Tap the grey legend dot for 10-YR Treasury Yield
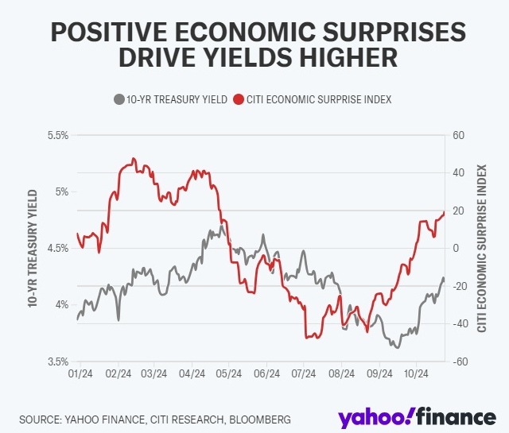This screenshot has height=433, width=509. coord(119,99)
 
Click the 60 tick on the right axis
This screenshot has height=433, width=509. coord(458,136)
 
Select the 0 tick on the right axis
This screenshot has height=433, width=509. coord(456,249)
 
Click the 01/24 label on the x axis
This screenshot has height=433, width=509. coord(81,373)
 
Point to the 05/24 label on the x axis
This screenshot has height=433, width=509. coord(230,373)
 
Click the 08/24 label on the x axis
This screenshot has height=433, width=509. coord(341,373)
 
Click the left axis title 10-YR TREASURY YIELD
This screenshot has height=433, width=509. coord(33,249)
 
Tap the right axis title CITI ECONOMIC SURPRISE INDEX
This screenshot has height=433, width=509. coord(482,249)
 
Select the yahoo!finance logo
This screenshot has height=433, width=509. coord(417,416)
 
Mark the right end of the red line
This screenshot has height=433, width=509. coord(444,212)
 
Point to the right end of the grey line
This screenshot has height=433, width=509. coord(444,278)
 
